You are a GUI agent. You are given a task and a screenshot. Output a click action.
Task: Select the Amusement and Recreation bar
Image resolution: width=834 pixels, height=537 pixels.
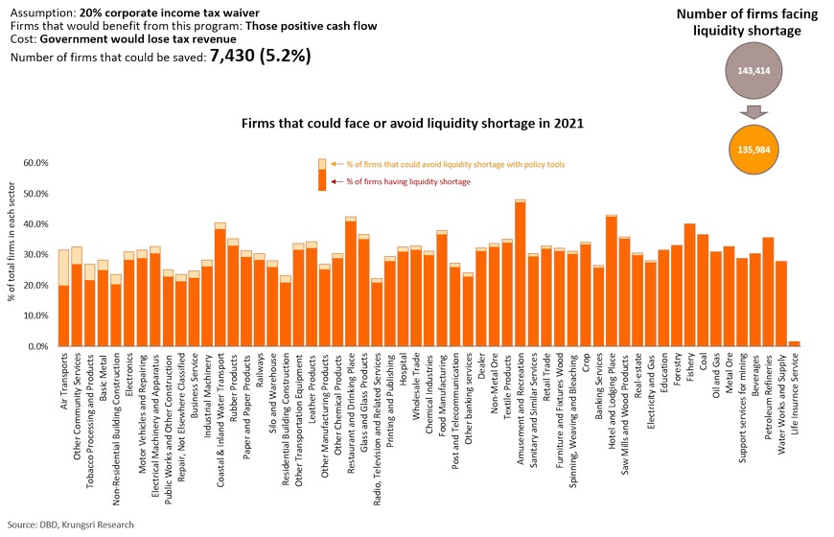coord(520,278)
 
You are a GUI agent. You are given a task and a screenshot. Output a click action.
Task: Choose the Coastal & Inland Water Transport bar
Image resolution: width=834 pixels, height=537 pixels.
coord(220,288)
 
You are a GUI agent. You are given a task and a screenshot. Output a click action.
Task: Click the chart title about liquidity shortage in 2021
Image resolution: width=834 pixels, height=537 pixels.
coord(413,125)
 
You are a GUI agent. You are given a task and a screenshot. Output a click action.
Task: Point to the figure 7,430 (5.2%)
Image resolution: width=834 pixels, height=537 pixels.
coord(260,57)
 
